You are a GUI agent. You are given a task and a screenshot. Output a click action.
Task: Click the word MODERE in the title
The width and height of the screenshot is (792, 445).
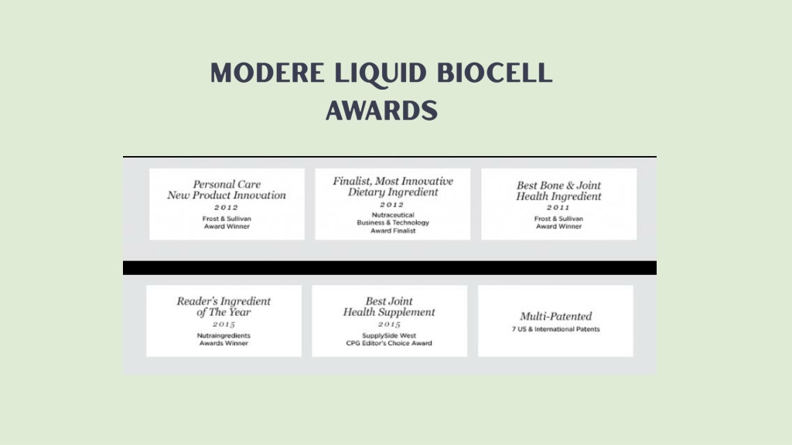tap(267, 73)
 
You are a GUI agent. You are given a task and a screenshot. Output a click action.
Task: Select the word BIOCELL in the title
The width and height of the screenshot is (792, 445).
tap(495, 73)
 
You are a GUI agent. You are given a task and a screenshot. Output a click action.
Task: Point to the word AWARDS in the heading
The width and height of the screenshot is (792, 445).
tap(381, 110)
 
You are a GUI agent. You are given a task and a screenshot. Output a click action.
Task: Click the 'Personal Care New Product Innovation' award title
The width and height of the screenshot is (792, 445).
tap(227, 190)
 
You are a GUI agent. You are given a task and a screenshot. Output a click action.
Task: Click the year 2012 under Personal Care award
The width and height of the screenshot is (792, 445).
tap(227, 207)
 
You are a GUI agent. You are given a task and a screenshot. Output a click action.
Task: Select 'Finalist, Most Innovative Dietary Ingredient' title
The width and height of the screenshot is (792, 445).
tap(392, 187)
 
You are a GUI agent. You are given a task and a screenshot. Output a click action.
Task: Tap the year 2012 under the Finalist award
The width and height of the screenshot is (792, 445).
tap(392, 204)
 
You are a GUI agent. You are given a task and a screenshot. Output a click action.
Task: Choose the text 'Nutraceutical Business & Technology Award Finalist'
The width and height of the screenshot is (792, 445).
tap(393, 222)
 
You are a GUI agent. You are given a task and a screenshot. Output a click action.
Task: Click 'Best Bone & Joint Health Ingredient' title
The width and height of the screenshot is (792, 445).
tap(558, 191)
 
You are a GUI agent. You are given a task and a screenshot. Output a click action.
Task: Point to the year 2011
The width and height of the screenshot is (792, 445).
tap(558, 207)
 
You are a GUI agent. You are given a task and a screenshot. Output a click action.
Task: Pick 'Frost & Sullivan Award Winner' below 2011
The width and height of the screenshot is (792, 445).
tap(558, 222)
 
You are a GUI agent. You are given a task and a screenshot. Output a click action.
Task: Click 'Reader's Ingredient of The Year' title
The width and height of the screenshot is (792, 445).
tap(224, 307)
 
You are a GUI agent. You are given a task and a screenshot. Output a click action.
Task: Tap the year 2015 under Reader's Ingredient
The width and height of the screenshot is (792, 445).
tap(224, 324)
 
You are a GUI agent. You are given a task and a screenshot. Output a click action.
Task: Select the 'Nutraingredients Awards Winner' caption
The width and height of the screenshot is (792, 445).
tap(224, 339)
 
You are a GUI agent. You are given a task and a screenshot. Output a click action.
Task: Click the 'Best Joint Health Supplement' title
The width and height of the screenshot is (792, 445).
tap(389, 307)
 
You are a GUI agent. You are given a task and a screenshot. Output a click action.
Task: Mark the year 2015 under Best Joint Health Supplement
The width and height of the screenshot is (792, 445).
tap(390, 324)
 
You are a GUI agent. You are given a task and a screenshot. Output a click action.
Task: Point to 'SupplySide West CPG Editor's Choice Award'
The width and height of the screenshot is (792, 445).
tap(389, 339)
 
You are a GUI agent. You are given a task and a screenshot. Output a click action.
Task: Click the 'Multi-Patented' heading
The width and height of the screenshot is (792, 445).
tap(555, 316)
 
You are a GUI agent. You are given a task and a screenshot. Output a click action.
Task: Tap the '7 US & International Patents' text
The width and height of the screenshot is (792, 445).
tap(555, 329)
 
